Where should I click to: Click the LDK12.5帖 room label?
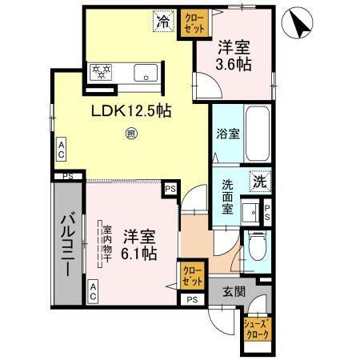[134, 110]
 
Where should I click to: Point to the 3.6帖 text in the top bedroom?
[237, 63]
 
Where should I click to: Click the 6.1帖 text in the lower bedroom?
[139, 254]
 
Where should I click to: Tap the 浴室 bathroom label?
[226, 134]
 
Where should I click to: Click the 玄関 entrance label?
[234, 291]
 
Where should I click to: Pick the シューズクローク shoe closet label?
[257, 327]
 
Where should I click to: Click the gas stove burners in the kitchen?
[102, 73]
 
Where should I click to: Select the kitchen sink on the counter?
[148, 73]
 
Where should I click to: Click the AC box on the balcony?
[94, 294]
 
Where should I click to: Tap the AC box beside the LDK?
[61, 148]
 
